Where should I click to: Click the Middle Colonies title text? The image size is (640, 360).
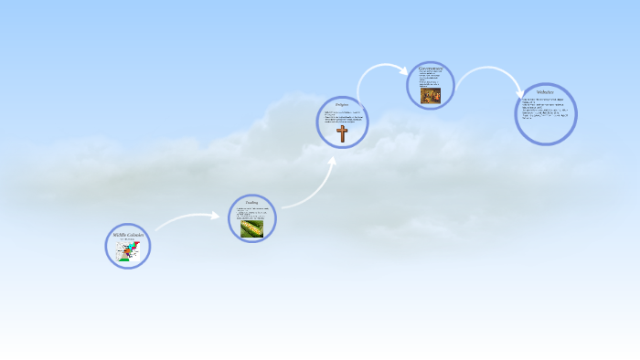click(128, 235)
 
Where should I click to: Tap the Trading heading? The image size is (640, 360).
click(251, 202)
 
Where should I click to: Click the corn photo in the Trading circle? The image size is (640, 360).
click(251, 228)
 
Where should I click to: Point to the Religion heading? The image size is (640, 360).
click(342, 105)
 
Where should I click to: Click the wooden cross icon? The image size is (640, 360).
click(342, 134)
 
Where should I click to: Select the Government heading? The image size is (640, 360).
click(431, 68)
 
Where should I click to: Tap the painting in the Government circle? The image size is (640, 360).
click(430, 96)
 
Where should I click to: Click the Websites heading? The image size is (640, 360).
click(546, 92)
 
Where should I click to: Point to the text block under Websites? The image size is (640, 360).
click(546, 110)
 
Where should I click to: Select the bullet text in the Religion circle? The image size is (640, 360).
click(342, 117)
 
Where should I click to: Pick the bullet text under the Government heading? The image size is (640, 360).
click(429, 79)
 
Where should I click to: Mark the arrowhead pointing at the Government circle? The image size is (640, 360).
click(403, 70)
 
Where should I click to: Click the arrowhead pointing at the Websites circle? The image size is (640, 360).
click(519, 92)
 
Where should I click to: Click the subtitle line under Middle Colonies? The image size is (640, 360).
click(127, 240)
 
